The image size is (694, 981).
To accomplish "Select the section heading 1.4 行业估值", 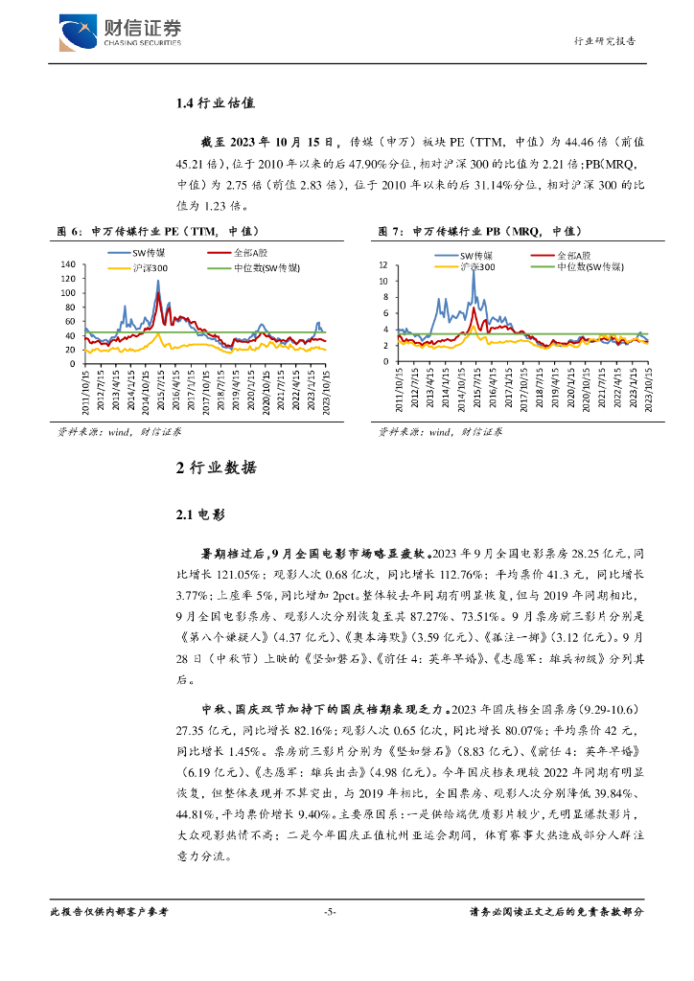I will tap(216, 103).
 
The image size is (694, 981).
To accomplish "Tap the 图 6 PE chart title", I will tap(158, 231).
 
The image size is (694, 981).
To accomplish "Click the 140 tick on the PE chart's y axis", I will tap(68, 264).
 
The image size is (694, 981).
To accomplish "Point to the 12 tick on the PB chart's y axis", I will tap(383, 264).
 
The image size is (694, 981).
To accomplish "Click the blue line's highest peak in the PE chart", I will tap(158, 283).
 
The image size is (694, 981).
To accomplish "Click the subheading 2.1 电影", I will tap(199, 514).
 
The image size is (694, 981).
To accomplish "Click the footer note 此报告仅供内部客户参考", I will tap(108, 912).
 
